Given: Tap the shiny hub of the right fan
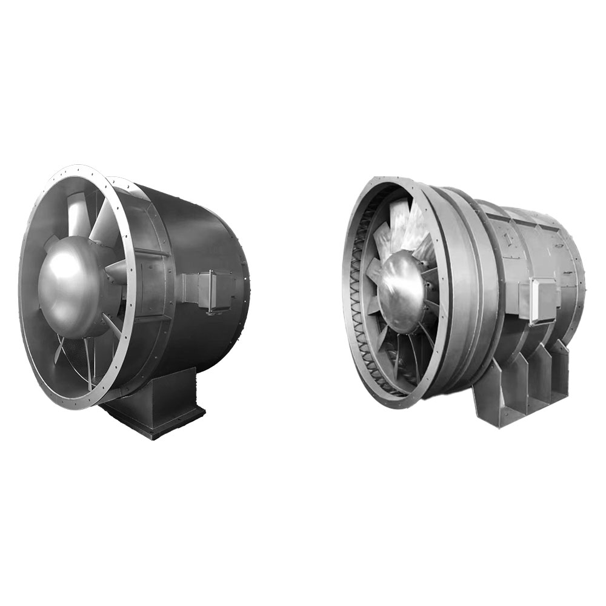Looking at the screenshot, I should [400, 291].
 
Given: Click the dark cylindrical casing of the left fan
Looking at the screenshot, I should [200, 236].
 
